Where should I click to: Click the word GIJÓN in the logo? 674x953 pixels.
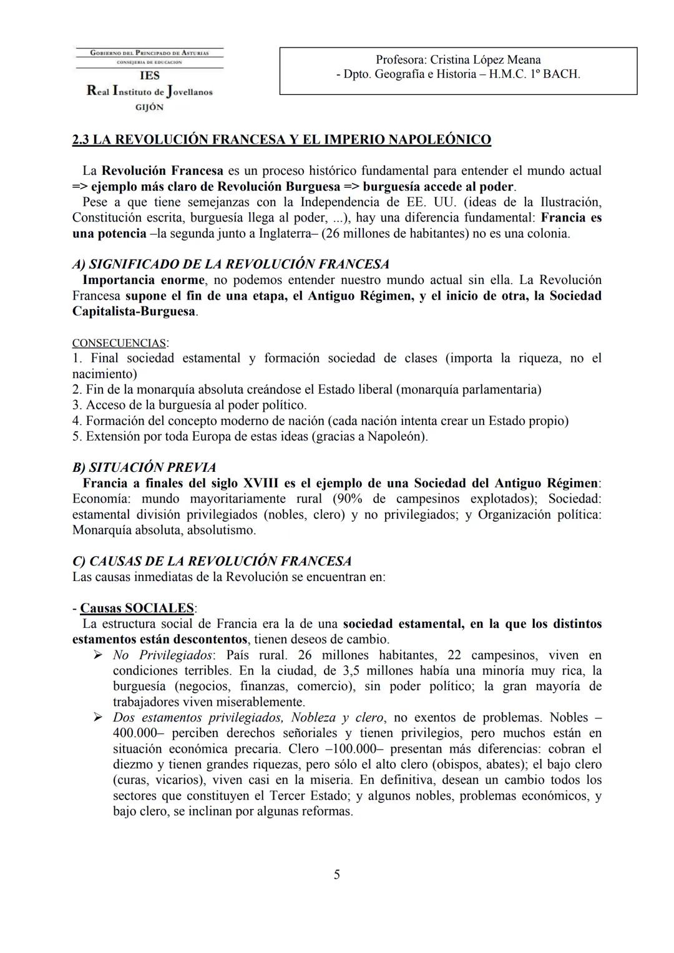150,107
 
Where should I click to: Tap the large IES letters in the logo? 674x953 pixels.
150,76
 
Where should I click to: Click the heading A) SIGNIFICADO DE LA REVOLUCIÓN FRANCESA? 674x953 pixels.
230,265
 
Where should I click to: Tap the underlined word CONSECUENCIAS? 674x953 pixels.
119,343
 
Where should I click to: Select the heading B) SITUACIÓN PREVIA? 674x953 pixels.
144,467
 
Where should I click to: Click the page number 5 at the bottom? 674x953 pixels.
337,875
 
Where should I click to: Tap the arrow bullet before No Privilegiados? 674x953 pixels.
97,655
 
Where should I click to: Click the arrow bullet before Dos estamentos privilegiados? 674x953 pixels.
97,718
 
